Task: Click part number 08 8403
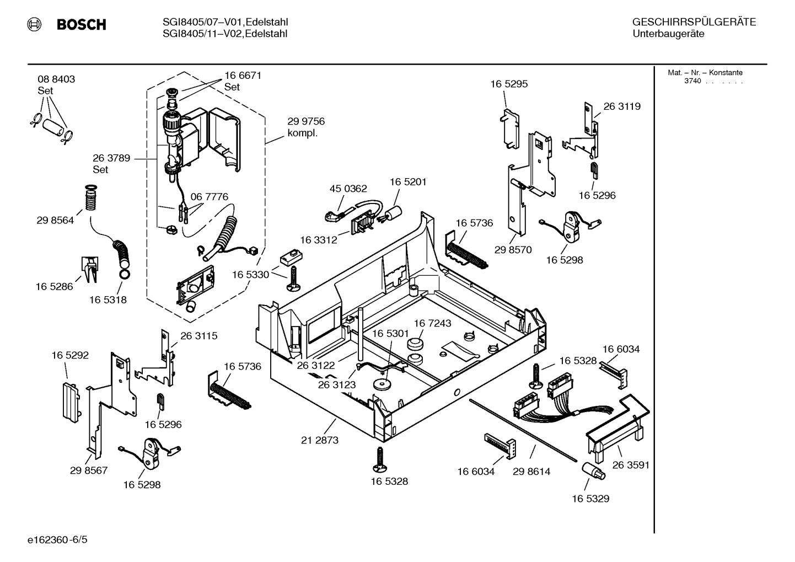[56, 79]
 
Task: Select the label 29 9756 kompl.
[306, 127]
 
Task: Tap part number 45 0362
[348, 189]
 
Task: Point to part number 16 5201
[408, 181]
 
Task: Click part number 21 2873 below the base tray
[320, 440]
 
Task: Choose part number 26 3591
[631, 465]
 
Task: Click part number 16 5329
[590, 499]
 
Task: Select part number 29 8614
[531, 472]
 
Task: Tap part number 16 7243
[432, 323]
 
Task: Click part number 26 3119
[622, 106]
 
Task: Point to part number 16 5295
[509, 84]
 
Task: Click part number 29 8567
[89, 470]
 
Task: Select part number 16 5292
[70, 355]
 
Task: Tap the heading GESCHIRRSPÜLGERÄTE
[694, 22]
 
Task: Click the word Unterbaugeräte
[668, 34]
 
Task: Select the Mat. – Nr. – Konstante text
[705, 72]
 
